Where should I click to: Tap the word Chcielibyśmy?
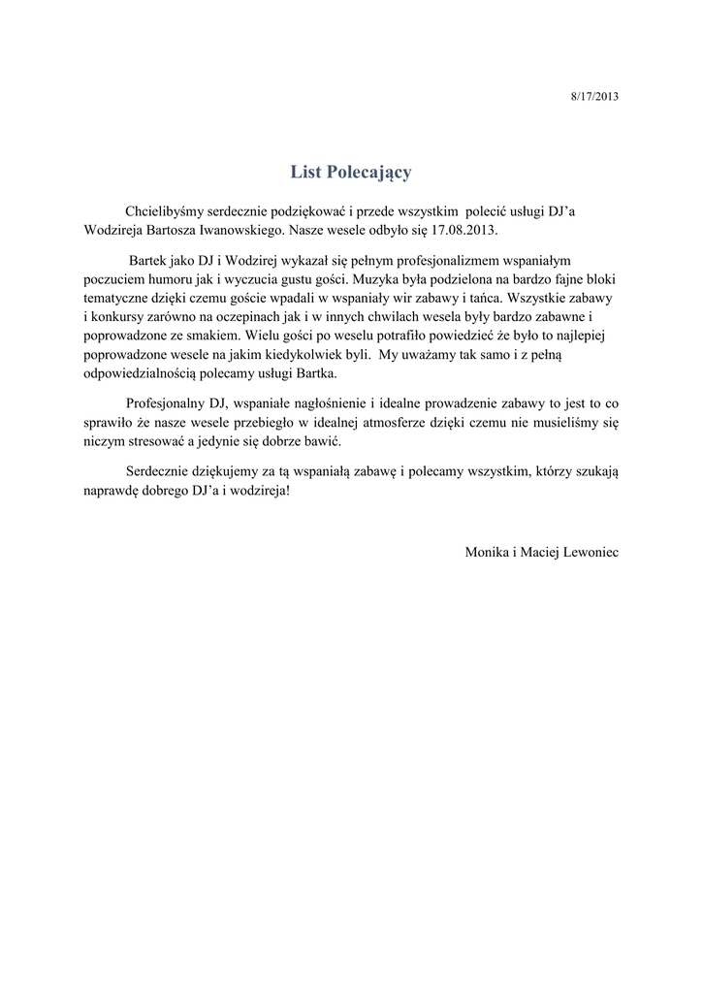tap(162, 212)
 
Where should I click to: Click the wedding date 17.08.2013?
tap(463, 233)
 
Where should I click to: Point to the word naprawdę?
tap(110, 491)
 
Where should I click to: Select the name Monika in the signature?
tap(485, 551)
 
